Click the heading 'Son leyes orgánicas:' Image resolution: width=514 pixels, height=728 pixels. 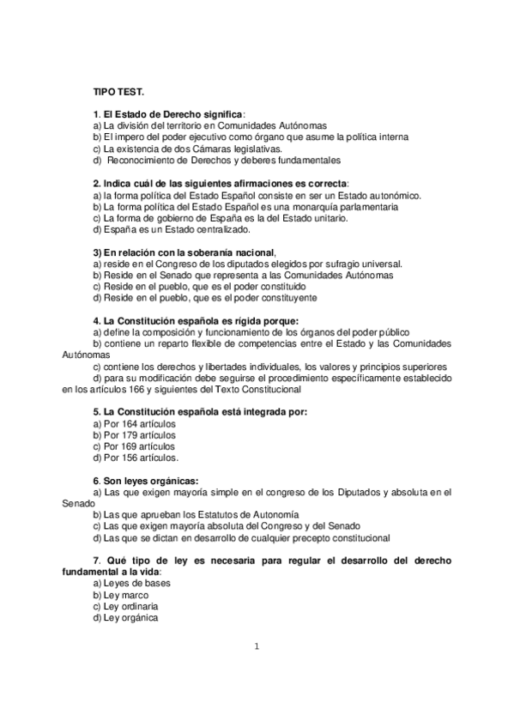point(145,480)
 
